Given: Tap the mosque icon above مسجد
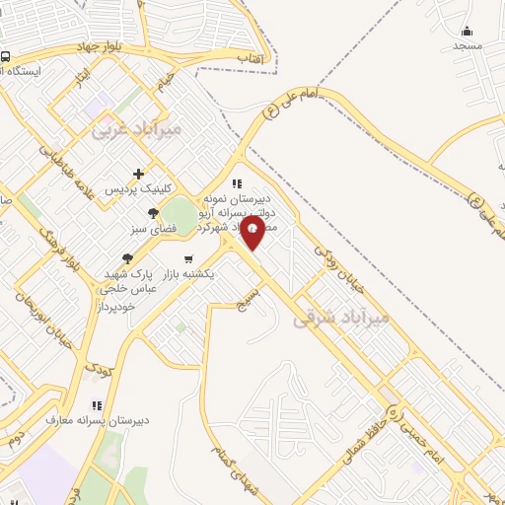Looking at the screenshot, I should point(468,31).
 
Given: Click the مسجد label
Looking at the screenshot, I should point(468,46).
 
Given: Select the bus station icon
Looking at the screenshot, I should point(6,57).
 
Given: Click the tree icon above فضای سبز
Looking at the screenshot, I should point(152,213).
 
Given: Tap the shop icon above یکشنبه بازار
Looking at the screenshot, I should point(187,259).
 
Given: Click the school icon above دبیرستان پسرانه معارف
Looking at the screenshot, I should point(97,405).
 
